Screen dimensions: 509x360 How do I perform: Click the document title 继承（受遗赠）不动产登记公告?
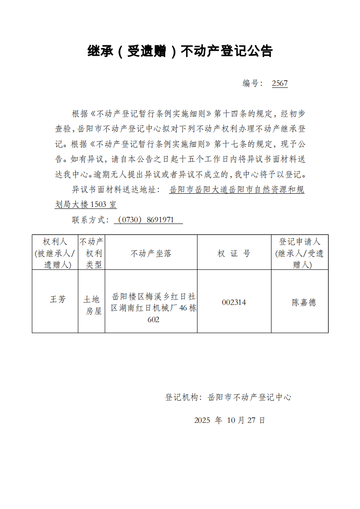[180, 51]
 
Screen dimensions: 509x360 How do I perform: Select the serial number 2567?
[280, 83]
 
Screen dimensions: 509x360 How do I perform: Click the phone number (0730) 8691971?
[148, 220]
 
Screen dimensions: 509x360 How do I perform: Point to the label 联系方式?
[90, 220]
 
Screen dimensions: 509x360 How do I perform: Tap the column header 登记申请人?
[299, 253]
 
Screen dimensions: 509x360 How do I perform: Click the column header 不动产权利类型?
[92, 253]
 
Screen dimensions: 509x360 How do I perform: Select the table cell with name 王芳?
[58, 299]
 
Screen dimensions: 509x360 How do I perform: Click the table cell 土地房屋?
[92, 305]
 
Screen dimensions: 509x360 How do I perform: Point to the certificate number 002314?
[234, 302]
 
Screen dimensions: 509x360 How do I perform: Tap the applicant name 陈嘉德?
[304, 303]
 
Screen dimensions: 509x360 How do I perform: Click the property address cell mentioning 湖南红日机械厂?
[153, 308]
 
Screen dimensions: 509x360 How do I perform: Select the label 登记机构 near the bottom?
[182, 397]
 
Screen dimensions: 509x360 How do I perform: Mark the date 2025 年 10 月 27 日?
[229, 420]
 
